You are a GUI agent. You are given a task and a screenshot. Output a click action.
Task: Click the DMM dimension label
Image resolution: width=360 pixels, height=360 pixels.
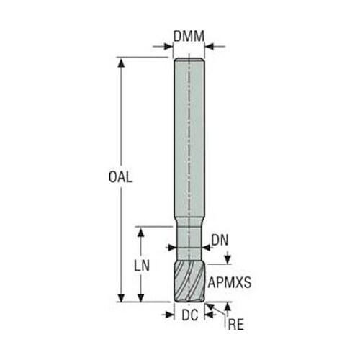tap(189, 36)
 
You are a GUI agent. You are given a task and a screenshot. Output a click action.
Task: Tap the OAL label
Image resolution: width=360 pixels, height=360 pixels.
tap(120, 177)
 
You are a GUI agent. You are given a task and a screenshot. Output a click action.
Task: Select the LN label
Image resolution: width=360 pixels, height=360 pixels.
tap(142, 266)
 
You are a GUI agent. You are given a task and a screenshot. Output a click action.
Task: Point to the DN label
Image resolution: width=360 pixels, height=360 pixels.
tap(220, 240)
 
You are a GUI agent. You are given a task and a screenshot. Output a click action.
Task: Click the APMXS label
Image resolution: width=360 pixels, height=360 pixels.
tap(230, 282)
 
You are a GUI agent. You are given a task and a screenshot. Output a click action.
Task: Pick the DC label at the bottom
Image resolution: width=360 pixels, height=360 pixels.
tap(190, 315)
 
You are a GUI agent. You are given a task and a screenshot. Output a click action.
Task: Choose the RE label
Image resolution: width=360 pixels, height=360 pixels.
tap(235, 325)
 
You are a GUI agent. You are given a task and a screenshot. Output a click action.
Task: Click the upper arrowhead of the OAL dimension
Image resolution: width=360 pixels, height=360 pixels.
tap(122, 62)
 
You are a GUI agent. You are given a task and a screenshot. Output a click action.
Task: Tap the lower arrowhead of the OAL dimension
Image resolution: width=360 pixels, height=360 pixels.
tap(122, 297)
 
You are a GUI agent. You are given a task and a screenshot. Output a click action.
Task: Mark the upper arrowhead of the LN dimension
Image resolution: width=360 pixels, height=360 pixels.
tap(141, 232)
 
